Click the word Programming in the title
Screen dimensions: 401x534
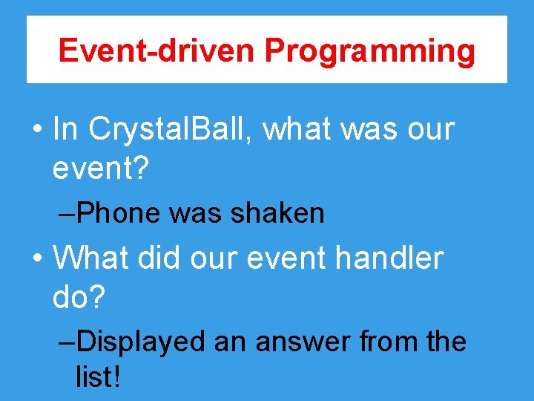click(x=370, y=51)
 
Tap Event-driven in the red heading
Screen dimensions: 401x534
click(x=158, y=51)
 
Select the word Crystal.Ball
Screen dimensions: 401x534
click(x=171, y=129)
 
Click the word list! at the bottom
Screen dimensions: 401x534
click(x=98, y=376)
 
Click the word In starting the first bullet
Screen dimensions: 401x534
click(x=65, y=129)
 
